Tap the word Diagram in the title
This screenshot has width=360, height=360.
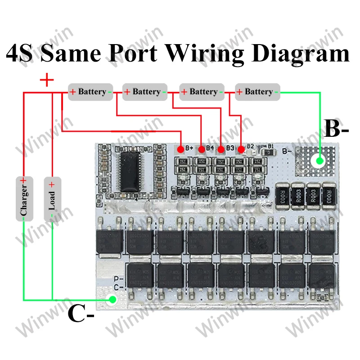pyautogui.click(x=300, y=54)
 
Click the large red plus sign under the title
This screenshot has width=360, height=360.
pyautogui.click(x=47, y=81)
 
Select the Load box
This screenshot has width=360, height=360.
pyautogui.click(x=52, y=198)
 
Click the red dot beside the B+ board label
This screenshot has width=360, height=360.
pyautogui.click(x=180, y=148)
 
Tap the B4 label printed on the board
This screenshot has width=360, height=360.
pyautogui.click(x=210, y=148)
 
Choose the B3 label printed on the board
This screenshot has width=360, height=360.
pyautogui.click(x=231, y=148)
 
